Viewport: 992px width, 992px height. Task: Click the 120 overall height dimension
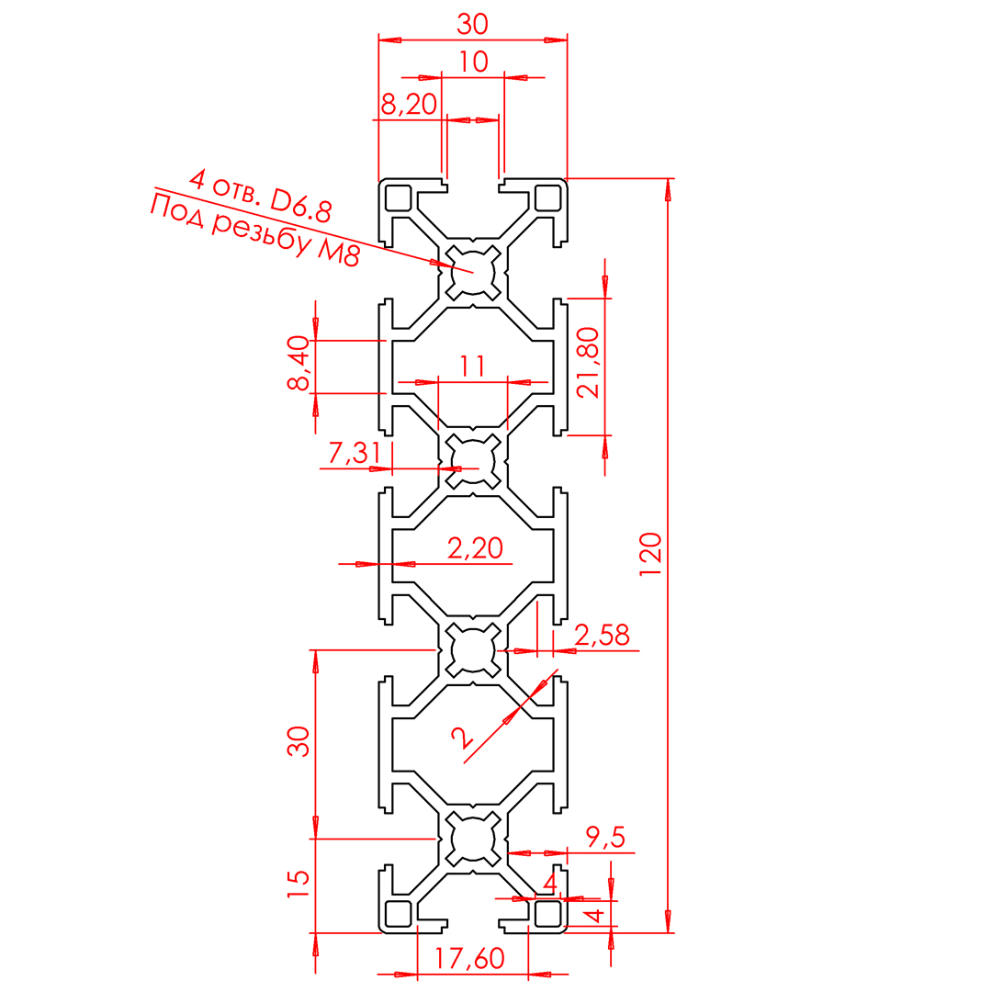[650, 554]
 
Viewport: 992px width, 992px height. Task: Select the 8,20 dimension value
[408, 105]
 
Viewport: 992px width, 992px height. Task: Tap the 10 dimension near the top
[473, 62]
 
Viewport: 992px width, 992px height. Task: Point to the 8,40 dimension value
[298, 364]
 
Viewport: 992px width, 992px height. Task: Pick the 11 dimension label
[472, 366]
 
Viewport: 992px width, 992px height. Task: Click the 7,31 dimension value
[353, 453]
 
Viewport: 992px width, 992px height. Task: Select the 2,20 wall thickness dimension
[475, 548]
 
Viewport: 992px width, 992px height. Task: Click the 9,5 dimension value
[605, 837]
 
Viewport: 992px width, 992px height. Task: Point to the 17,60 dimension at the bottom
[469, 959]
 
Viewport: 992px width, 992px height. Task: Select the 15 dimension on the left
[298, 885]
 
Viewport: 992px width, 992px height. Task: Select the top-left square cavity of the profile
[398, 197]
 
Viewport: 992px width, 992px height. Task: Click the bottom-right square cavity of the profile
[548, 913]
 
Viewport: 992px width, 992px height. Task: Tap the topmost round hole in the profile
[473, 272]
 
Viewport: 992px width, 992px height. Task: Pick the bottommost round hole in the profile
[473, 839]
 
